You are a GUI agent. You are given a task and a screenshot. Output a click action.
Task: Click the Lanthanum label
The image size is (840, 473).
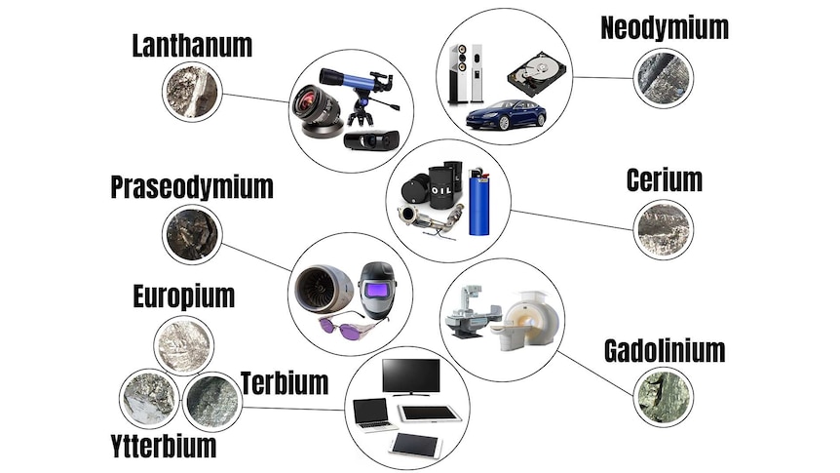[x=192, y=46]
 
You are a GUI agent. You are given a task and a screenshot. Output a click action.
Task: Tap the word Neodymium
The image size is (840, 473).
[x=665, y=28]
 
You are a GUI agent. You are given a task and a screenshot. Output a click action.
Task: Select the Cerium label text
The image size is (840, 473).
[x=665, y=180]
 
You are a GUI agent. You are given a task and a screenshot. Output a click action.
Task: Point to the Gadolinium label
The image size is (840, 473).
[x=665, y=351]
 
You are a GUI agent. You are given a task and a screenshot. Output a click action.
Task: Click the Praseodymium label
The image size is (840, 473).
[x=192, y=187]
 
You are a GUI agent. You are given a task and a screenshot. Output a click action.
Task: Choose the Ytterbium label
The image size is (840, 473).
[x=164, y=447]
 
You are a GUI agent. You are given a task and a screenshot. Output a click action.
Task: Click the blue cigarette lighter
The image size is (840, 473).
[x=478, y=202]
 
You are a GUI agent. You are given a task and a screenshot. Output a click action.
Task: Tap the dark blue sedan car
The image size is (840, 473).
[x=506, y=114]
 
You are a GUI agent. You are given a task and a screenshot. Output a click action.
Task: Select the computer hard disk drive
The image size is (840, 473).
[x=537, y=73]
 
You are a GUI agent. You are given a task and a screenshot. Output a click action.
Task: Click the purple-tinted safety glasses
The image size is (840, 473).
[x=345, y=326]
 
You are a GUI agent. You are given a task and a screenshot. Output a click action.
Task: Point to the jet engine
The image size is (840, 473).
[x=323, y=289]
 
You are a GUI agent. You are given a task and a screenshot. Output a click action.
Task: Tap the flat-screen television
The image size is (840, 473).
[x=411, y=377]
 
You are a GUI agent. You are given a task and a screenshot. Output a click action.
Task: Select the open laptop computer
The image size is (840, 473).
[x=373, y=415]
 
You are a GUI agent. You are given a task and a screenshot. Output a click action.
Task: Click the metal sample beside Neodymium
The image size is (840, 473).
[x=664, y=78]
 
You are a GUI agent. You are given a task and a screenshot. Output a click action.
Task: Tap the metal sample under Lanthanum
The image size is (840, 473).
[x=192, y=92]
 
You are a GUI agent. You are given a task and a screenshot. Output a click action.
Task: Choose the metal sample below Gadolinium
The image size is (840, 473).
[x=664, y=397]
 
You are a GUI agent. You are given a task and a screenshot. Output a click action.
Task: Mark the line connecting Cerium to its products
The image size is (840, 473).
[x=572, y=219]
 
